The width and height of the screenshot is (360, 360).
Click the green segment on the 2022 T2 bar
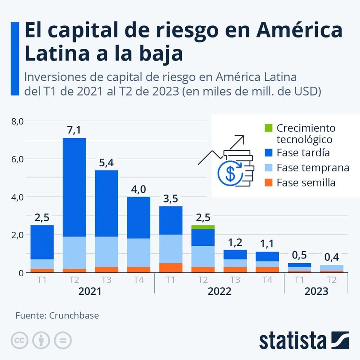click(203, 227)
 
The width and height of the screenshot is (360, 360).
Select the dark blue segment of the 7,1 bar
click(74, 187)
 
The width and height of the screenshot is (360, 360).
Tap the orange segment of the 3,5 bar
click(171, 268)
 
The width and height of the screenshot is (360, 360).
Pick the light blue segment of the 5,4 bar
click(106, 252)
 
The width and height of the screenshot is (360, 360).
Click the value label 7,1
click(74, 131)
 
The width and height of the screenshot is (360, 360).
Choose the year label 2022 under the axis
click(219, 291)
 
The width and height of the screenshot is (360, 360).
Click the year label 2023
click(316, 291)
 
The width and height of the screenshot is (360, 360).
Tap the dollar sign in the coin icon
click(230, 173)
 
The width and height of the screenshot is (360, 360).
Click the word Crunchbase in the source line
click(74, 315)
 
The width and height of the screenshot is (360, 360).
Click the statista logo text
click(292, 340)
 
